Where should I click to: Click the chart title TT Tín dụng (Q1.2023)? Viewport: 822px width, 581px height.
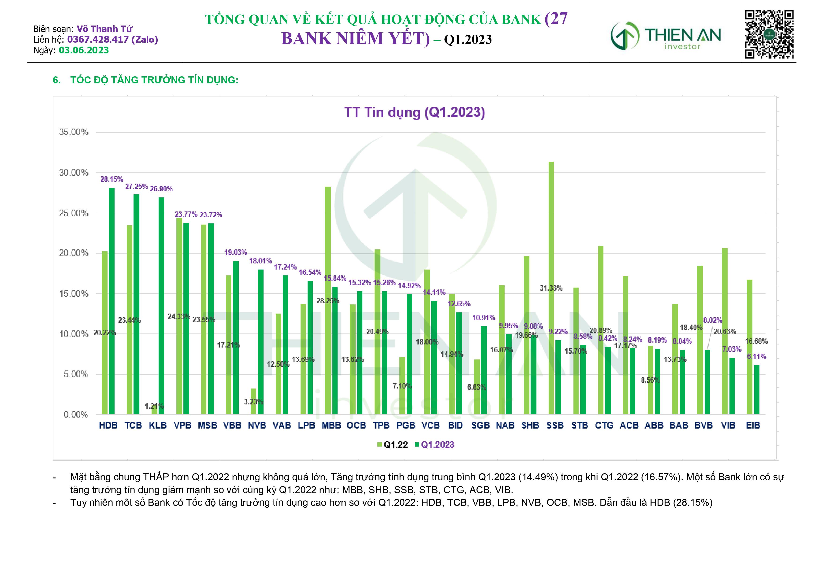click(x=414, y=112)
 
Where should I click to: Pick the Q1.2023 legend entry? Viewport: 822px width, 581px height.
click(x=434, y=445)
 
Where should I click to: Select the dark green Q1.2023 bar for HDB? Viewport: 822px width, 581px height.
click(x=112, y=301)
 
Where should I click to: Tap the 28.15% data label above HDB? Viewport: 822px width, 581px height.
click(x=112, y=179)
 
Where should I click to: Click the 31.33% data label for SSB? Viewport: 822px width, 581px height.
click(x=551, y=288)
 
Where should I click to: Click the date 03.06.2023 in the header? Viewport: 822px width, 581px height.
click(x=84, y=50)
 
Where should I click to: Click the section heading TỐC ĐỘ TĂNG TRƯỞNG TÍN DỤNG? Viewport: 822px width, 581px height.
click(x=154, y=80)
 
